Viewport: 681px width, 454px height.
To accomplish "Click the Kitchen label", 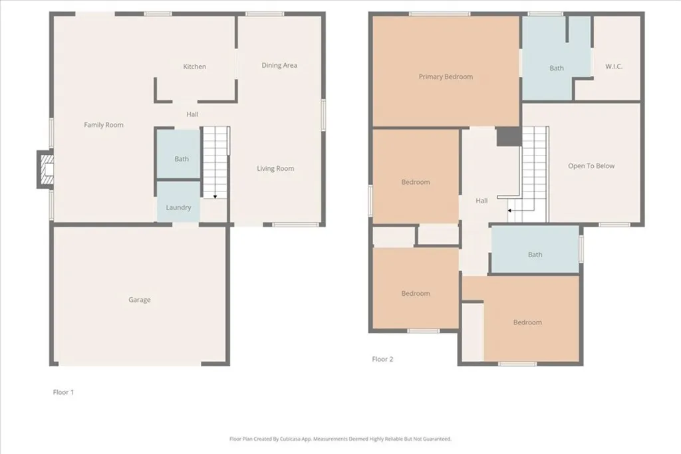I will point(195,66).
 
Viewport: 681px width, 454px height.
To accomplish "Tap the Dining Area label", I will point(279,65).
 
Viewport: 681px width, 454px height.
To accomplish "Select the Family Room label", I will point(104,125).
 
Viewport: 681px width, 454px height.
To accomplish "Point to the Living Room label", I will point(275,169).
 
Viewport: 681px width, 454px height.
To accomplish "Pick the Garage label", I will point(140,300).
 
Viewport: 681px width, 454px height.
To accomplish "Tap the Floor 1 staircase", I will point(215,162).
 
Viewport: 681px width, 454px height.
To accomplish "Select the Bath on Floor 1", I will point(182,159).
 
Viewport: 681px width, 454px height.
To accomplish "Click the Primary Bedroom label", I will point(446,76).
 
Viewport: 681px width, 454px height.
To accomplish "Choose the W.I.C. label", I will point(614,66).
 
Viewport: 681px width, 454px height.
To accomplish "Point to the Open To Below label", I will point(591,166).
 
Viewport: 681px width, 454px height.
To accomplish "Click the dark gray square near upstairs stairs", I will point(509,136).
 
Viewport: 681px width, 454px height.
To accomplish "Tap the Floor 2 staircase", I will point(533,174).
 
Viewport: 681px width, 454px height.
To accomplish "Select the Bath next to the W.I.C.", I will point(557,68).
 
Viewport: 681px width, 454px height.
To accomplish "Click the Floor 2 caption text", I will point(382,360).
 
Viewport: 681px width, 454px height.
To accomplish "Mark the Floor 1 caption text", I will point(63,392).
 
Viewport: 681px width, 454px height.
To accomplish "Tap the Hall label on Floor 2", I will point(481,201).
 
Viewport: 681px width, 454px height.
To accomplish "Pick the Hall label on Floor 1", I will point(192,114).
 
